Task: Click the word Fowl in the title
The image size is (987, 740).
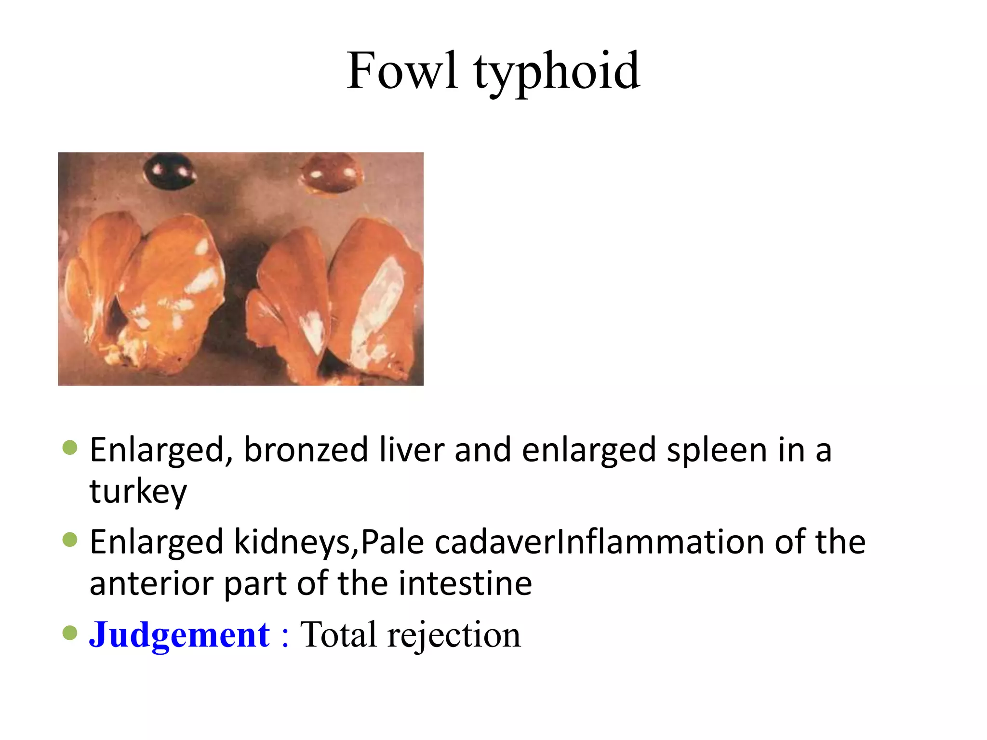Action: point(402,71)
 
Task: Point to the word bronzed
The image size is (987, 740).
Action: point(306,450)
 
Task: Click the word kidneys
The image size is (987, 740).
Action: point(294,542)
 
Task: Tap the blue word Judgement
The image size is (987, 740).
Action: point(179,635)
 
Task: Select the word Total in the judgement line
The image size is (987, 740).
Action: point(338,635)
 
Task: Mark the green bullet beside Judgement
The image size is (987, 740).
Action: point(70,633)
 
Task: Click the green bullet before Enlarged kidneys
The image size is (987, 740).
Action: point(70,541)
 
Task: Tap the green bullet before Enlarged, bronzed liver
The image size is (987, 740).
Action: point(70,448)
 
